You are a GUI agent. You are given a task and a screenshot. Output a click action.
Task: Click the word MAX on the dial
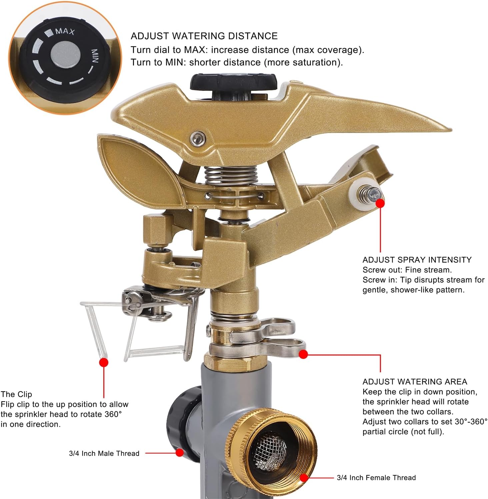[65, 31]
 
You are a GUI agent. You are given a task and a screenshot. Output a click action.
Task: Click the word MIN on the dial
[95, 57]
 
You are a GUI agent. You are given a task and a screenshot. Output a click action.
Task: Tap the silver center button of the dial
[65, 54]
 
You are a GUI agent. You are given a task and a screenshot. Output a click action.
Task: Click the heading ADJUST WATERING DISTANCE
[204, 36]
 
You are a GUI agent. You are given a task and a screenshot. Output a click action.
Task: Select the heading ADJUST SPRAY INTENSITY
[417, 260]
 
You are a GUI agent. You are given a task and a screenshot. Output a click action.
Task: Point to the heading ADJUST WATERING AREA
[415, 382]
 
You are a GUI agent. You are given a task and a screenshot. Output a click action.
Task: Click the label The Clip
[16, 394]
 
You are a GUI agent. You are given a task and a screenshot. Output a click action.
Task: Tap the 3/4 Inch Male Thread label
[104, 453]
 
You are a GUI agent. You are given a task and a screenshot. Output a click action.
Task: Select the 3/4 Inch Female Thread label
[376, 478]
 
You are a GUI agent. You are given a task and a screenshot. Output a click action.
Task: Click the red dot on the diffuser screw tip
[380, 203]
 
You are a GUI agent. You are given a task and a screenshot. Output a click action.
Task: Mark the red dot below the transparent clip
[104, 362]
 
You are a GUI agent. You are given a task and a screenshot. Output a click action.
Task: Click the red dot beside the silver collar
[303, 354]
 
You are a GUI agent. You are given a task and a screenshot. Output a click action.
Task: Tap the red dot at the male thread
[180, 453]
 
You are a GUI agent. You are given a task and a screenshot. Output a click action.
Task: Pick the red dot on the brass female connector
[304, 478]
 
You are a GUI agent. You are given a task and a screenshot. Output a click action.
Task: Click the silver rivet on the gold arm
[198, 138]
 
